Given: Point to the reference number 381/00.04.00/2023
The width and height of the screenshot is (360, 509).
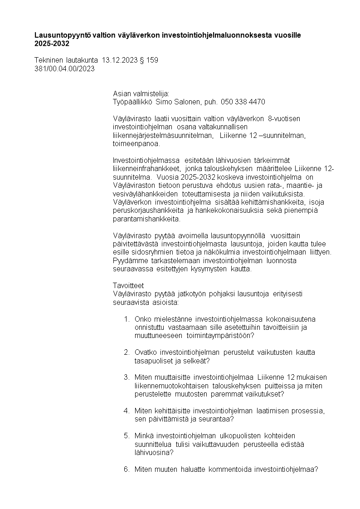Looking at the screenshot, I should click(64, 69).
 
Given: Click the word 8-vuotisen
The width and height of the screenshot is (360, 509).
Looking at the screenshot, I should click(283, 118).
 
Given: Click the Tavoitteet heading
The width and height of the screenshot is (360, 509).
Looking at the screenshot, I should click(128, 285).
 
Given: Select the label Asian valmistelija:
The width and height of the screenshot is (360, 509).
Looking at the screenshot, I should click(141, 93).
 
